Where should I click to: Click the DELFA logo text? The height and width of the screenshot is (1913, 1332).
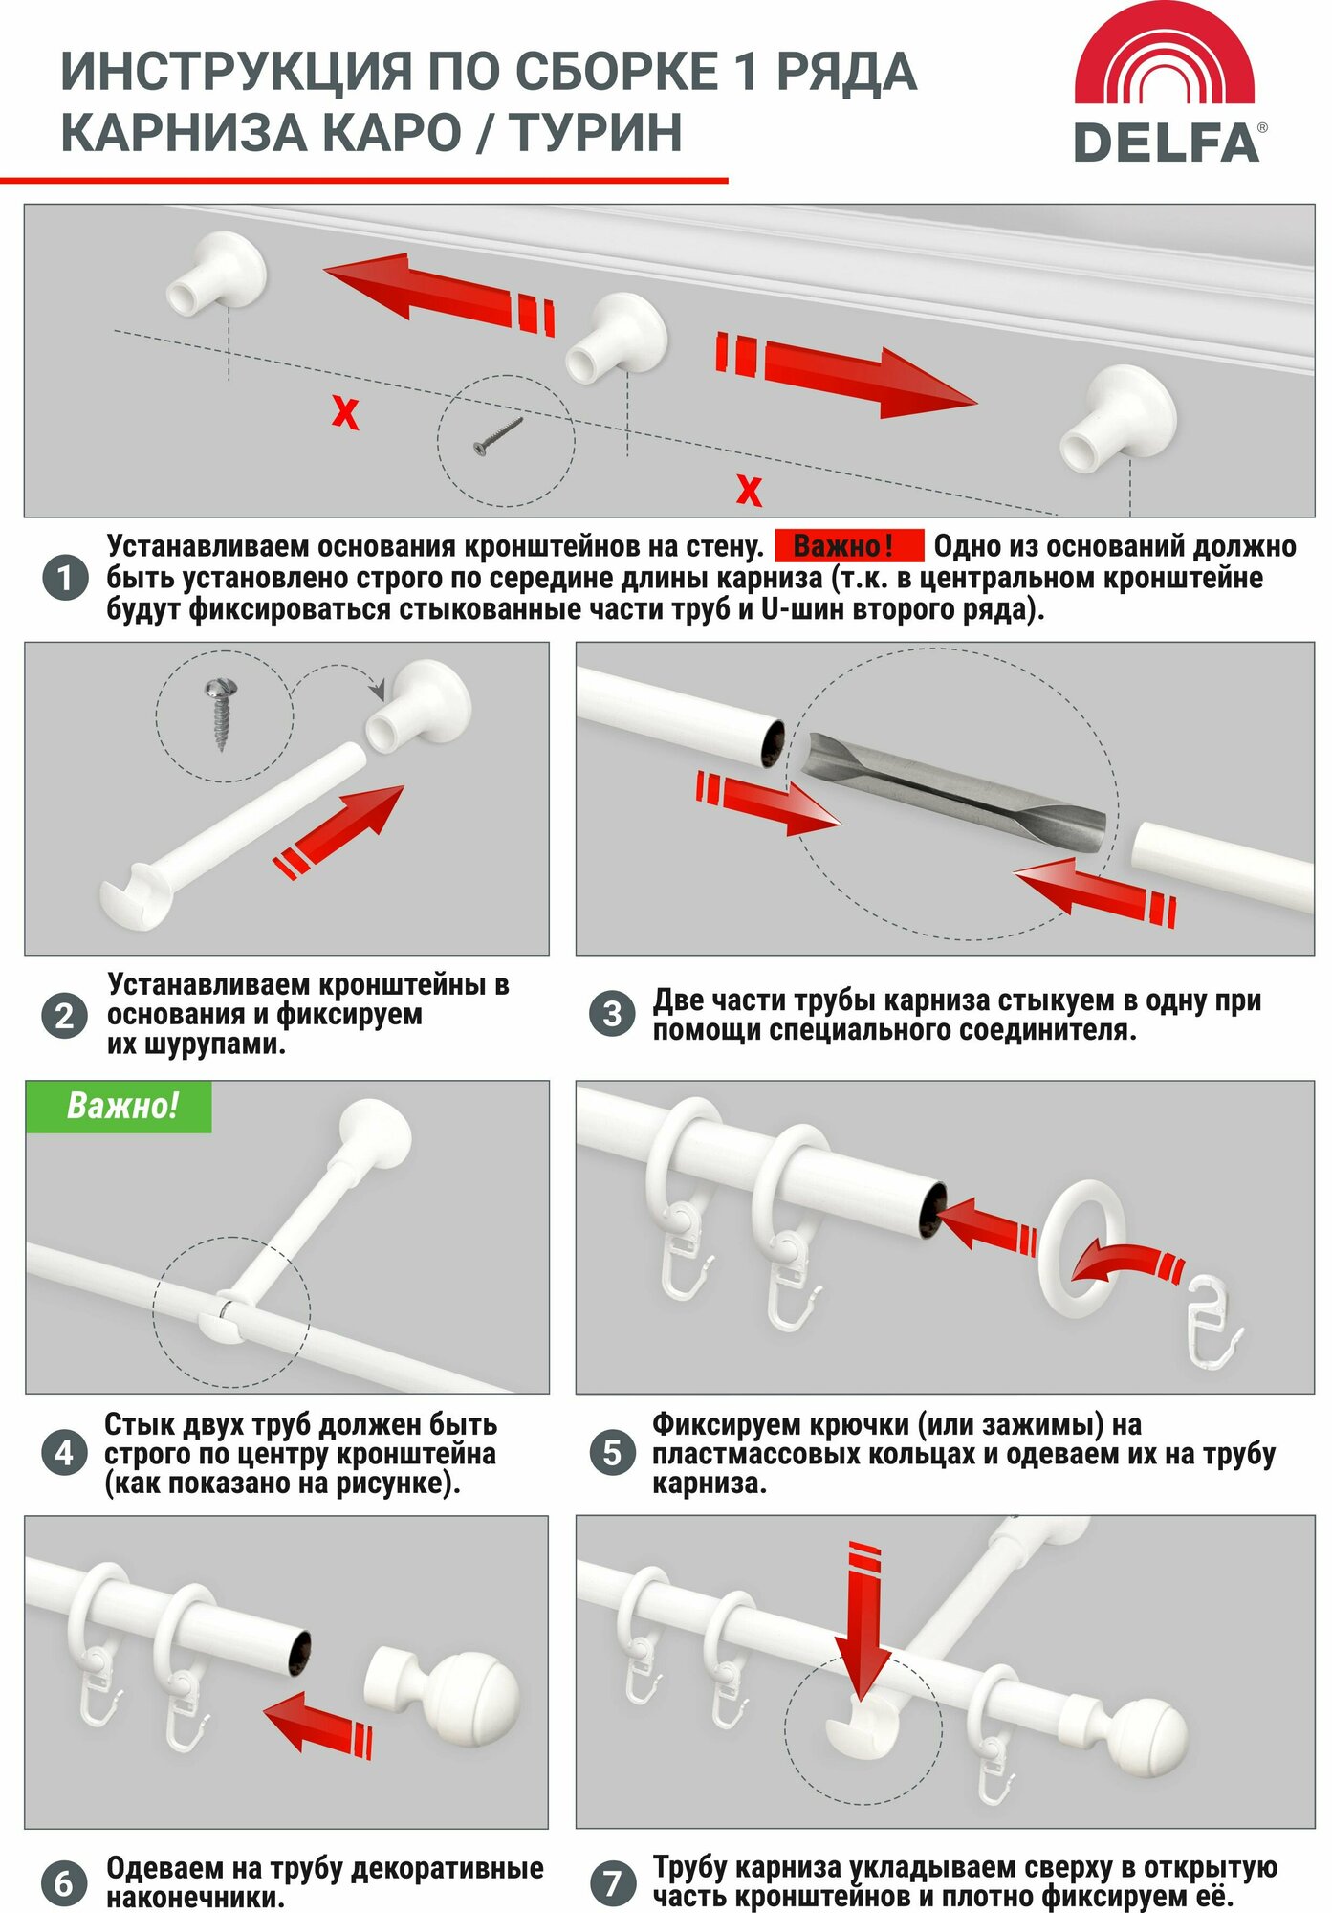click(x=1167, y=143)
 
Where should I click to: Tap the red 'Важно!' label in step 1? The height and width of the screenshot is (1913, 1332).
click(x=848, y=546)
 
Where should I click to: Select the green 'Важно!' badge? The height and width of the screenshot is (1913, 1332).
click(x=119, y=1107)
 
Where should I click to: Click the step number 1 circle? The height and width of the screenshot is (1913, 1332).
click(x=65, y=578)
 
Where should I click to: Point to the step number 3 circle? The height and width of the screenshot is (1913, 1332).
click(x=612, y=1014)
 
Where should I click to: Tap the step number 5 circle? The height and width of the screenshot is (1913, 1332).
click(x=612, y=1453)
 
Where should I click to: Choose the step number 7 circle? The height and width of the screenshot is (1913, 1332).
click(x=612, y=1882)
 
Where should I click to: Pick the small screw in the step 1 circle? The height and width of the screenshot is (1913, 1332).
click(x=498, y=436)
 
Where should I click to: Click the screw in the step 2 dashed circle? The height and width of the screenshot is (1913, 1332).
click(x=222, y=714)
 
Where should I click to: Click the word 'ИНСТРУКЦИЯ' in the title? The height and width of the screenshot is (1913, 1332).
click(x=237, y=73)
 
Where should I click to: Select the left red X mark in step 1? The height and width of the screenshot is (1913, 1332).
click(x=345, y=413)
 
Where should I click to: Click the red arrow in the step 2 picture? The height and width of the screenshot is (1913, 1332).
click(x=339, y=831)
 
